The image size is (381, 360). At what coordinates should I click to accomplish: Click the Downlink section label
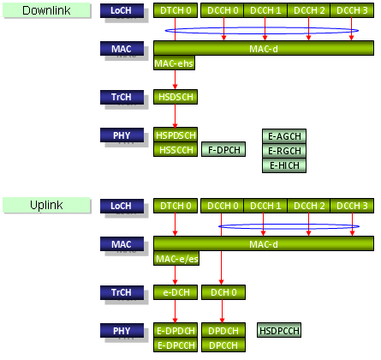46,10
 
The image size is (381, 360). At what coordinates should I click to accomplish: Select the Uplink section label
46,205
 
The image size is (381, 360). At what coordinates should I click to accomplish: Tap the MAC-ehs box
174,63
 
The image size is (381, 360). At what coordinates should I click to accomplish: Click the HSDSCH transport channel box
176,97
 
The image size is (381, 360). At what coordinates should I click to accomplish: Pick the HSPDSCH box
176,135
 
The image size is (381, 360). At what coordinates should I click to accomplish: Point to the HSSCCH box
176,149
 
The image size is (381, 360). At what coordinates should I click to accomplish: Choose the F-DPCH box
223,149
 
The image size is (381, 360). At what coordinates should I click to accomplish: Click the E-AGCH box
284,136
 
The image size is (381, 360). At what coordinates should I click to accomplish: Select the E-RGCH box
284,151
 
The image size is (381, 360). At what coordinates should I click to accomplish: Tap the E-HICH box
284,165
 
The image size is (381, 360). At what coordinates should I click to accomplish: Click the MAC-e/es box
176,259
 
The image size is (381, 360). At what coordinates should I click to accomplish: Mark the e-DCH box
176,292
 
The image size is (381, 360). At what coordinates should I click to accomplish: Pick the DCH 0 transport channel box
223,292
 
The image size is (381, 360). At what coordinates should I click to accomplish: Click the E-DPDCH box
176,330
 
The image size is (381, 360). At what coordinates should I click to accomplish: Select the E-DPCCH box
176,345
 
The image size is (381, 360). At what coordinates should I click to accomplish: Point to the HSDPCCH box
279,330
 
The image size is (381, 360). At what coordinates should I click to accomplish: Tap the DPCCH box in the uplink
223,345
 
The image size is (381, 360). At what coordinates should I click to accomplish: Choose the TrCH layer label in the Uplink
122,292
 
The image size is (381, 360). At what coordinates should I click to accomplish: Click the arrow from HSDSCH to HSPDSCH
176,116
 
